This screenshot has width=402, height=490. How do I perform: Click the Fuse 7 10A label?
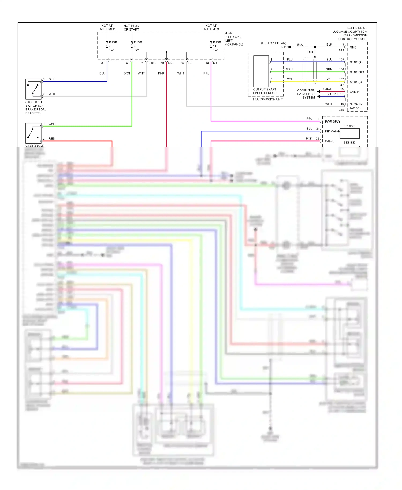click(113, 46)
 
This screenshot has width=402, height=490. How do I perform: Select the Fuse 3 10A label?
click(137, 46)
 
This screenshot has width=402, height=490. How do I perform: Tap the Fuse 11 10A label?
click(217, 46)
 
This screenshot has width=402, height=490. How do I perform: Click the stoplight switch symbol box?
click(33, 89)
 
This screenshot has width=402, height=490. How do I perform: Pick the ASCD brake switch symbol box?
click(33, 133)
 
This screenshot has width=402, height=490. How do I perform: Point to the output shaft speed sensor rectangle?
click(261, 71)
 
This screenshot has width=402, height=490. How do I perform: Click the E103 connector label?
click(152, 63)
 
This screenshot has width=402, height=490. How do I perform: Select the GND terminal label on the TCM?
click(353, 47)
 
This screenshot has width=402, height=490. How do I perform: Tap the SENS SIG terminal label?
click(357, 72)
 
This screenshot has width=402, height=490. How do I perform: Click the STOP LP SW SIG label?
click(356, 106)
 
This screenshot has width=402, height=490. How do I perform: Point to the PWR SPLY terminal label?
click(333, 121)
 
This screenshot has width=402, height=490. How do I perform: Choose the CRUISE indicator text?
click(349, 126)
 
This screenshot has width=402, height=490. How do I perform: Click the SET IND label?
click(349, 143)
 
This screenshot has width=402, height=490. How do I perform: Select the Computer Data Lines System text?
click(306, 94)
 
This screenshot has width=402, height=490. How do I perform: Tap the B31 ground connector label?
click(284, 47)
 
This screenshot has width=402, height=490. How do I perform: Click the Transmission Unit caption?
click(267, 99)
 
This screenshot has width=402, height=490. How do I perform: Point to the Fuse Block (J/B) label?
click(233, 39)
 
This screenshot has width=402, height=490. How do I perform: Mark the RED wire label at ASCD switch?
click(52, 139)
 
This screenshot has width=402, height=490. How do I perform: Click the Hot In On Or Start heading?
click(131, 28)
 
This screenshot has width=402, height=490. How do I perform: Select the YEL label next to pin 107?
click(329, 79)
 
